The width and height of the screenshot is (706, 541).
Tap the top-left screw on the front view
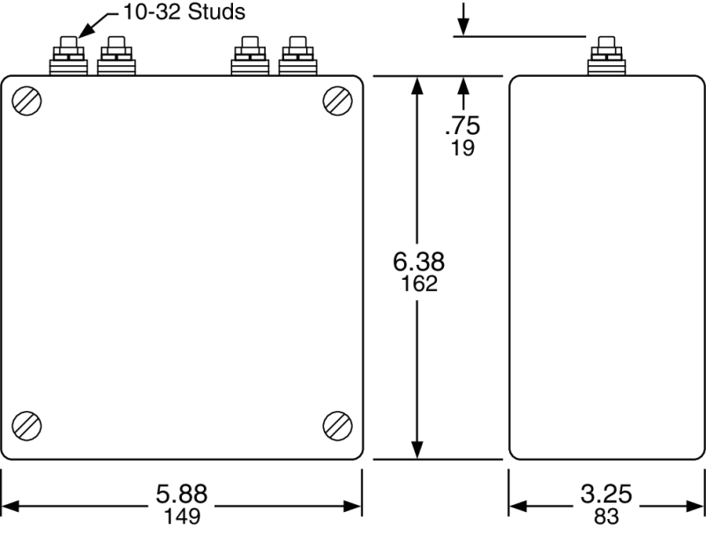click(x=27, y=101)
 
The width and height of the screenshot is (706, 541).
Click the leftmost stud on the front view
click(x=68, y=56)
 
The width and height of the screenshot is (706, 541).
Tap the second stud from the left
click(x=116, y=56)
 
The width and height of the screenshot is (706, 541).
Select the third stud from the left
click(x=249, y=56)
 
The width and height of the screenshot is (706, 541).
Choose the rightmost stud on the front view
click(x=297, y=56)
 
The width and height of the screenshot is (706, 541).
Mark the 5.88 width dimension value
click(x=182, y=495)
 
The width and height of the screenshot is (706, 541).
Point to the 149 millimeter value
click(x=182, y=516)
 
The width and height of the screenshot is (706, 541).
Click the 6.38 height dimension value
click(x=418, y=262)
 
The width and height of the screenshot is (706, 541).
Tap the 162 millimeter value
click(x=418, y=284)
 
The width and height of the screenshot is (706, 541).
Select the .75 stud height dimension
click(x=462, y=126)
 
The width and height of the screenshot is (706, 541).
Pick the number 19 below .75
click(x=462, y=148)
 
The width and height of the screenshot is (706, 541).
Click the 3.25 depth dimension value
click(x=606, y=495)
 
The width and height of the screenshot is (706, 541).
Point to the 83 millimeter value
click(x=606, y=516)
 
